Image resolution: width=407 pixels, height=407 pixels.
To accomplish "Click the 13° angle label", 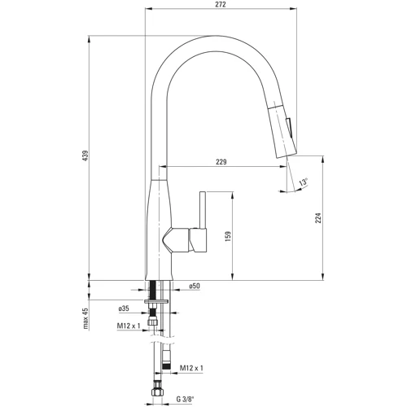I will click(x=302, y=184).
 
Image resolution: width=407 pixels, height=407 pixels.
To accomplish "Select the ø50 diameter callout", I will click(x=195, y=287).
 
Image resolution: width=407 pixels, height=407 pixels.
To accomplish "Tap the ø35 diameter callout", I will click(x=125, y=309).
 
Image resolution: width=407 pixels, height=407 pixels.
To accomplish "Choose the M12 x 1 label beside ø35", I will click(x=128, y=326).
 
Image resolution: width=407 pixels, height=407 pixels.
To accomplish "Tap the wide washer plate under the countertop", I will click(x=157, y=300).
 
